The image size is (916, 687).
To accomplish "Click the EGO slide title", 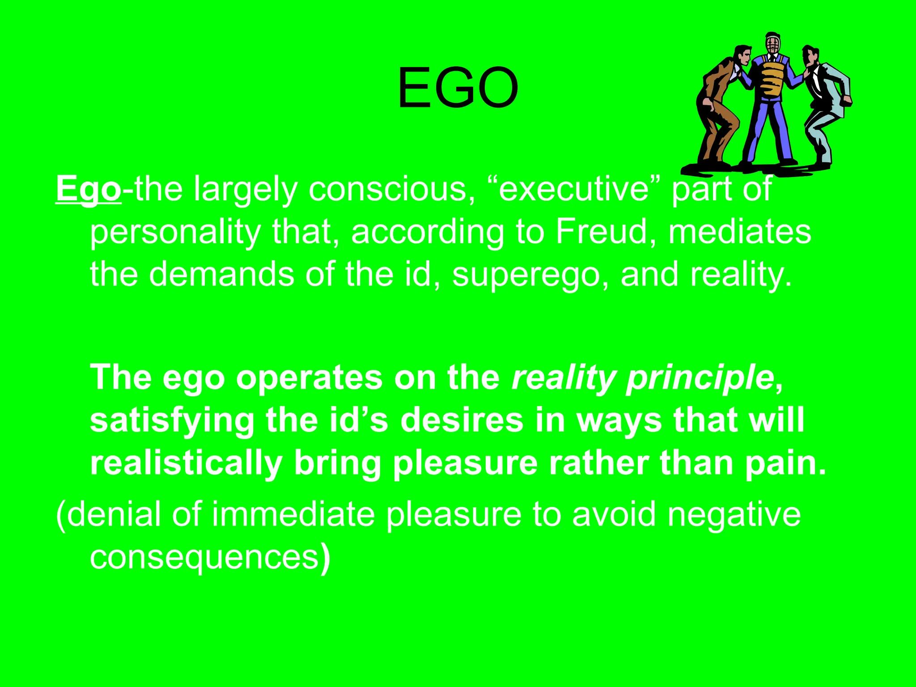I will [458, 88].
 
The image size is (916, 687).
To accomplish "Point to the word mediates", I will [739, 232].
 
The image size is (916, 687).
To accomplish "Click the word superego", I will [530, 275].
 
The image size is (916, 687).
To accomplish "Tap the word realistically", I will [186, 463].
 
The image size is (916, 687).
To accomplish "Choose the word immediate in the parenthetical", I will [293, 514].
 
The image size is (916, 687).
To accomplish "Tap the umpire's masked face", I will [772, 45].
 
